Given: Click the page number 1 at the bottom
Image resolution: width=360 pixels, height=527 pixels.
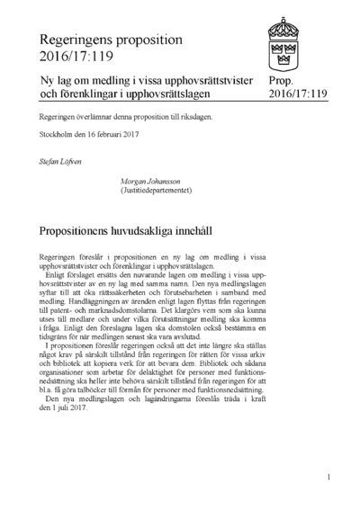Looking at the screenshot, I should pyautogui.click(x=329, y=478).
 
